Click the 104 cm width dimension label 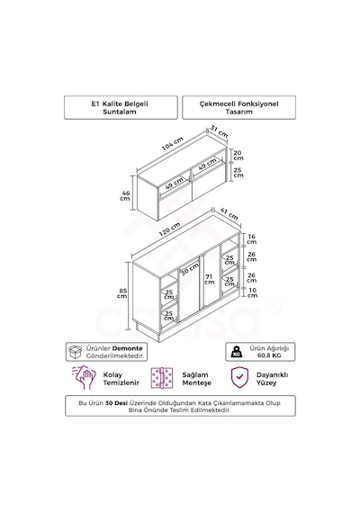pos(172,144)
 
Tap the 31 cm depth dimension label pos(219,131)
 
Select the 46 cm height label pos(125,195)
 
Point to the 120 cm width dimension pos(169,229)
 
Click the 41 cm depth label pos(229,213)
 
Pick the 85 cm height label pos(122,293)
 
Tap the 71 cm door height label pos(209,279)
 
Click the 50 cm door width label pos(190,268)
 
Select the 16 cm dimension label pos(251,239)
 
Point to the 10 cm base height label pos(252,292)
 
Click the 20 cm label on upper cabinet pos(238,155)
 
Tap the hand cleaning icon pos(85,377)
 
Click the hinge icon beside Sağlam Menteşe pos(162,378)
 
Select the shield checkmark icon pos(239,378)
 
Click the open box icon pos(76,352)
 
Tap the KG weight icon pos(237,352)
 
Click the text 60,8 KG pos(269,355)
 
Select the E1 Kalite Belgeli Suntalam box pos(121,107)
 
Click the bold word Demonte pos(127,349)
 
